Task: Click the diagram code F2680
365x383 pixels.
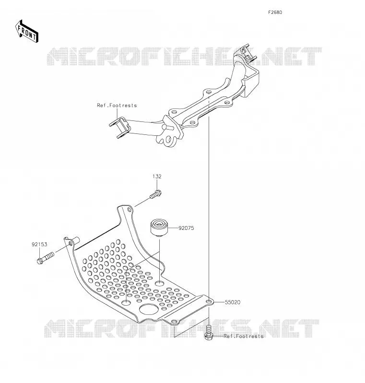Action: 275,12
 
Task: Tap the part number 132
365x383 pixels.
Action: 157,176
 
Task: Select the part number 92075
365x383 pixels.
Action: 186,228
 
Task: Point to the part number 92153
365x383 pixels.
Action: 39,244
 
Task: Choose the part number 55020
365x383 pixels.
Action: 233,302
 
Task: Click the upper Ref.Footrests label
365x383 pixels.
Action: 117,105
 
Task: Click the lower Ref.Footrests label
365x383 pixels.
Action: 244,336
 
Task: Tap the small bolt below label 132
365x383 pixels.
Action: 155,195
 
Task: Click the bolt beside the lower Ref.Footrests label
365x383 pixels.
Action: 209,333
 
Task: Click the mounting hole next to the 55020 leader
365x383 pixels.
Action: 209,302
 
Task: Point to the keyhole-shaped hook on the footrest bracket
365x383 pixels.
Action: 168,140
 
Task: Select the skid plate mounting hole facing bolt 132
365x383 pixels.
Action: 129,210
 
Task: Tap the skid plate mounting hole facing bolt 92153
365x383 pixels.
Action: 71,243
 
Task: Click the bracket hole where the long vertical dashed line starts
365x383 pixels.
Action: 209,92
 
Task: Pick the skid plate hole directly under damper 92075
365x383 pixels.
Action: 160,284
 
